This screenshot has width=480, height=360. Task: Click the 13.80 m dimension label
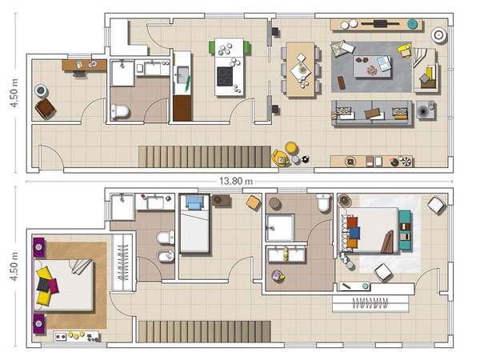(236, 182)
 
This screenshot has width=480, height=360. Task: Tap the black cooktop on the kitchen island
(225, 77)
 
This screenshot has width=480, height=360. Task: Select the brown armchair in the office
(45, 108)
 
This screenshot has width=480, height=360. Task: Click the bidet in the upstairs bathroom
(166, 256)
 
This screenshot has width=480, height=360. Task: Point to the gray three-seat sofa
(372, 113)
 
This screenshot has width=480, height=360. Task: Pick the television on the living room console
(380, 23)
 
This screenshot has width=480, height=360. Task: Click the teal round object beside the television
(412, 23)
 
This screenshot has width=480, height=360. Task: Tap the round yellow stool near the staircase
(291, 148)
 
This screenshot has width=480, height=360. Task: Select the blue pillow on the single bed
(194, 202)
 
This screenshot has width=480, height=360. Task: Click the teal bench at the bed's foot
(405, 230)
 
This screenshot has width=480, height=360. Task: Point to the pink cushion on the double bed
(54, 286)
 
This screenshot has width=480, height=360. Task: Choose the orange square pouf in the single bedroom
(253, 202)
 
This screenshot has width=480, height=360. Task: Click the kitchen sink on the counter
(182, 74)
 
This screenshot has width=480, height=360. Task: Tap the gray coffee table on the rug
(372, 66)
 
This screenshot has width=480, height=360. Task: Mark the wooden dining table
(301, 70)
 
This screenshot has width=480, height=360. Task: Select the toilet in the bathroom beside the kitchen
(120, 111)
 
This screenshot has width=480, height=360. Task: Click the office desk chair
(79, 74)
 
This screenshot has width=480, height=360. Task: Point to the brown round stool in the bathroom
(274, 203)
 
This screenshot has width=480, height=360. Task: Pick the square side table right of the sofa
(426, 110)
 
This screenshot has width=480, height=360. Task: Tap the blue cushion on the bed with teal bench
(354, 233)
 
